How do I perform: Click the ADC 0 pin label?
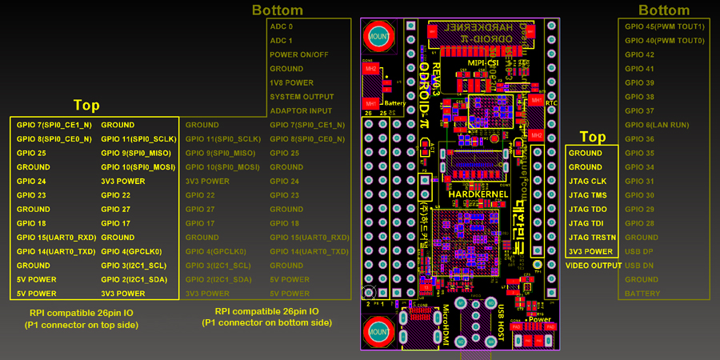[282, 26]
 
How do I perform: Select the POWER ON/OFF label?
[299, 54]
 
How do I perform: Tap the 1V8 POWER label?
[292, 82]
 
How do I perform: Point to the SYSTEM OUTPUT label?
[301, 97]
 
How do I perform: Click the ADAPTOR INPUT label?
[301, 110]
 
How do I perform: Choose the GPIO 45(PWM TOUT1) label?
[664, 26]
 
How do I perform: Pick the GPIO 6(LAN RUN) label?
[657, 125]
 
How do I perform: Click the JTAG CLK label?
[587, 181]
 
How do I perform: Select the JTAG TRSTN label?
[592, 237]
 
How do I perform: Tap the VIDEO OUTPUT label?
[594, 265]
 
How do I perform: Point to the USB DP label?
[638, 251]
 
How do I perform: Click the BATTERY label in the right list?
[642, 294]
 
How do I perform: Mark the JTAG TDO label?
[587, 209]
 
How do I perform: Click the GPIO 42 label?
[639, 54]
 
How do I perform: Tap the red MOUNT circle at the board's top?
[378, 36]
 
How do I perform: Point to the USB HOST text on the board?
[502, 320]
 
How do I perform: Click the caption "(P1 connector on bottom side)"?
[266, 323]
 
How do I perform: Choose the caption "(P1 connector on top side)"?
[82, 326]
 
